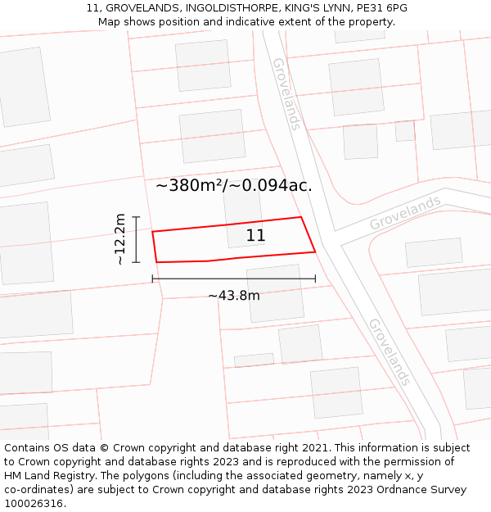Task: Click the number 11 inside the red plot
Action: pos(255,236)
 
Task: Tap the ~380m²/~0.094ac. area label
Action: pos(233,186)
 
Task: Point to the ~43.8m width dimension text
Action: pos(233,296)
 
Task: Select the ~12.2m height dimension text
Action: pos(120,238)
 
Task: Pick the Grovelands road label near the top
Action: pos(286,93)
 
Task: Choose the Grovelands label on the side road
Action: pos(405,212)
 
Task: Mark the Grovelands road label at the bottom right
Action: pos(389,352)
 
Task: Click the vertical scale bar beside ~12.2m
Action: pos(137,239)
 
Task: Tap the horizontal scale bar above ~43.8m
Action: pos(233,279)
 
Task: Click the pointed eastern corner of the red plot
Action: pos(315,251)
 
